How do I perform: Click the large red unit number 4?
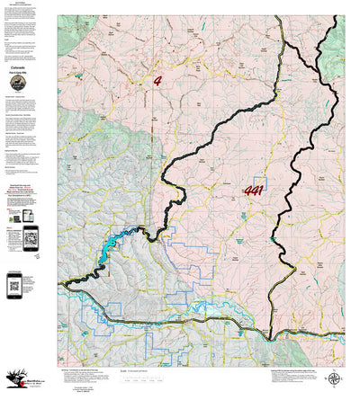click(157, 80)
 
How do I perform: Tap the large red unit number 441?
click(255, 191)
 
